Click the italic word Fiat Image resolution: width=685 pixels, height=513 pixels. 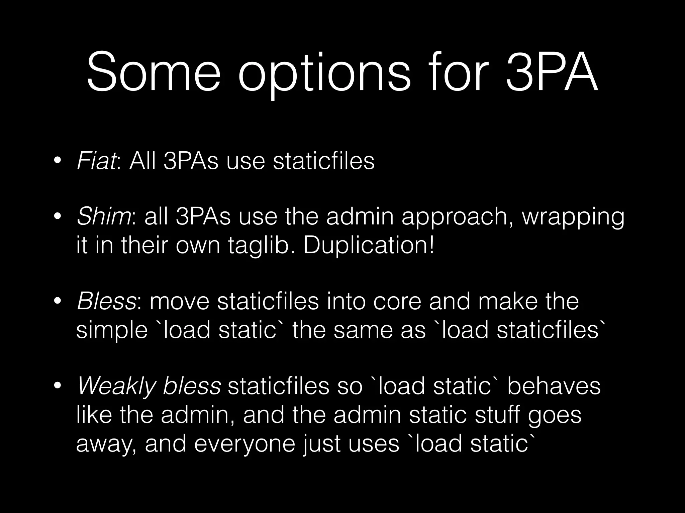coord(96,161)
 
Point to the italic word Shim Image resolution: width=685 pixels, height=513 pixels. coord(104,217)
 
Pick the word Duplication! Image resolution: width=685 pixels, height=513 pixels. coord(369,245)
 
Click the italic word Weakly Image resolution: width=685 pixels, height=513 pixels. coord(117,387)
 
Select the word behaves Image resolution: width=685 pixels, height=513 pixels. coord(554,386)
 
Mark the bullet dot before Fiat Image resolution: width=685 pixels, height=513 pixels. coord(58,161)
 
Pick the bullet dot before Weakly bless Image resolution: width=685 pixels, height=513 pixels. coord(58,386)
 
